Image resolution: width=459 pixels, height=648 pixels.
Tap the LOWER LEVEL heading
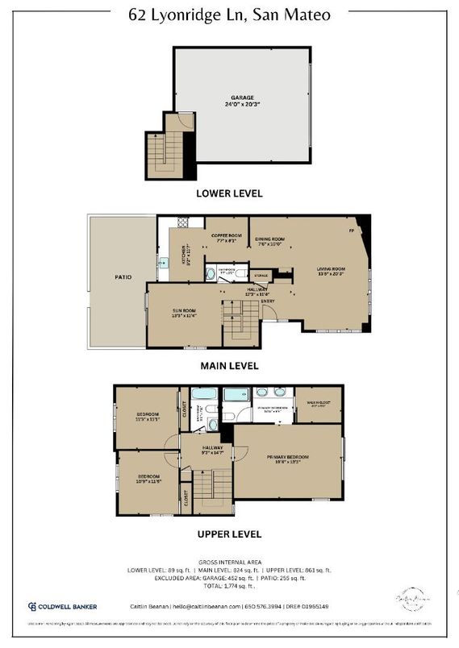click(x=229, y=194)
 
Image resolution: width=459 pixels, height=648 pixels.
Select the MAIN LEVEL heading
click(x=229, y=365)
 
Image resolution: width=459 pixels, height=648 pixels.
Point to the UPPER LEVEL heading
click(x=229, y=534)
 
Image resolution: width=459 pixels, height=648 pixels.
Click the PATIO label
click(x=123, y=276)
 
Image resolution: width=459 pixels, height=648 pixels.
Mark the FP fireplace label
click(x=351, y=231)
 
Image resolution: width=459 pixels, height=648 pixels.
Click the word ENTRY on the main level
click(x=268, y=301)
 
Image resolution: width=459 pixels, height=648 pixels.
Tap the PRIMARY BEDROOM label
click(x=289, y=459)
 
